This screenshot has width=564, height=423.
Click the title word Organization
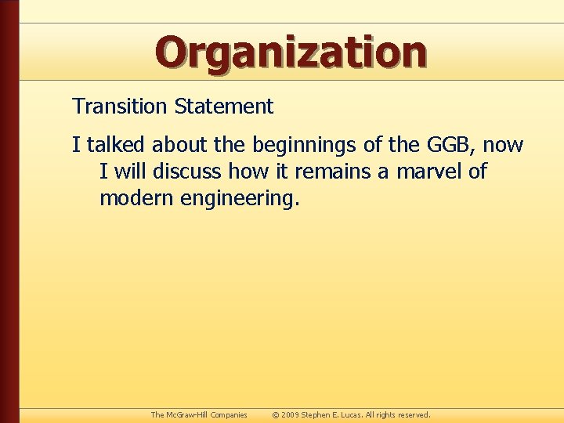pyautogui.click(x=291, y=52)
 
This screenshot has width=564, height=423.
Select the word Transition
pyautogui.click(x=121, y=107)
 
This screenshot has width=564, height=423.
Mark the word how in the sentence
pyautogui.click(x=246, y=172)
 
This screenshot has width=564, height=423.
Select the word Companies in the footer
pyautogui.click(x=226, y=414)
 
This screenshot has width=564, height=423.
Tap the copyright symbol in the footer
pyautogui.click(x=276, y=414)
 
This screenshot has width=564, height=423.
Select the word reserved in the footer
pyautogui.click(x=414, y=414)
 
